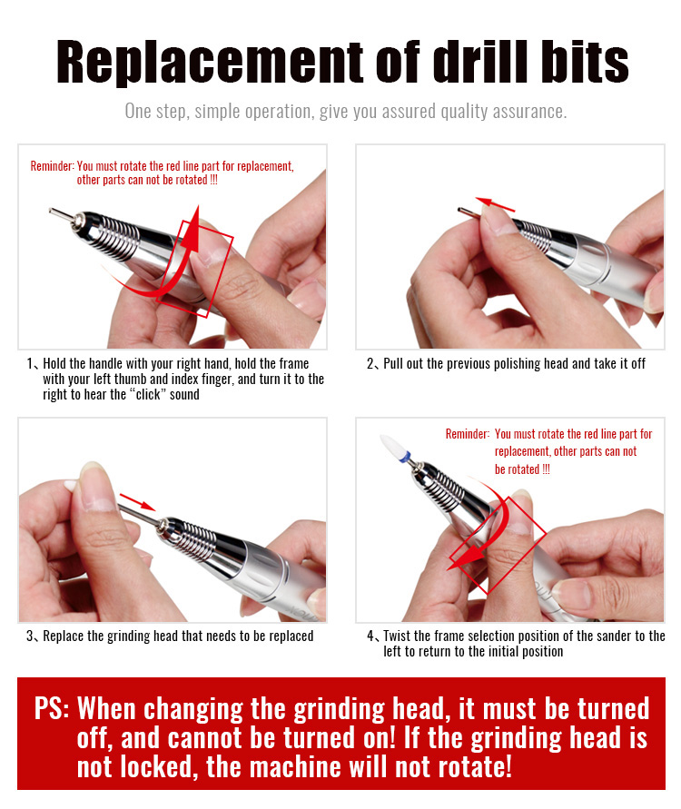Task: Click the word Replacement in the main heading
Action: [210, 62]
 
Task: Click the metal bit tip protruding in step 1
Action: [61, 213]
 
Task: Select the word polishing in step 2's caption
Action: [469, 364]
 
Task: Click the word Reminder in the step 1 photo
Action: [52, 166]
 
